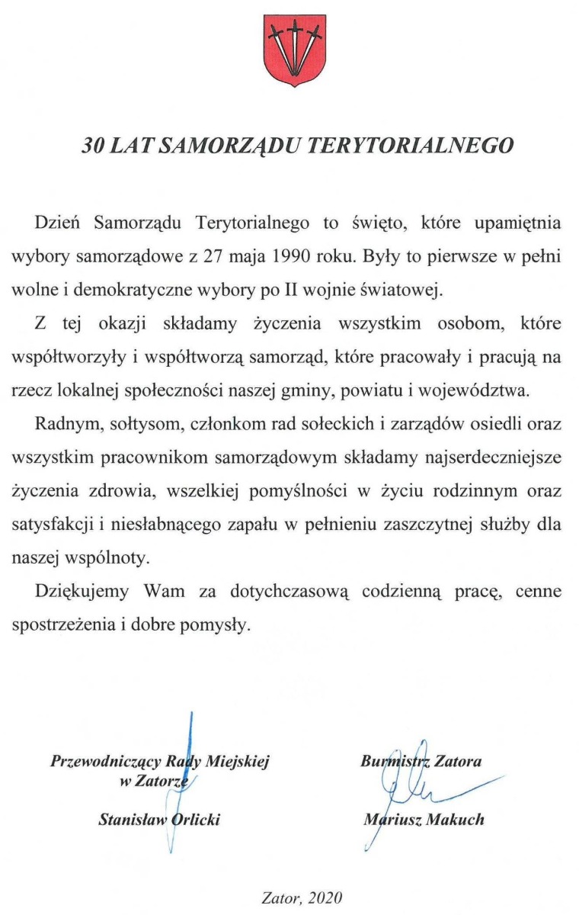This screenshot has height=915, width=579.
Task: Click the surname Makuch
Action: click(452, 820)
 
